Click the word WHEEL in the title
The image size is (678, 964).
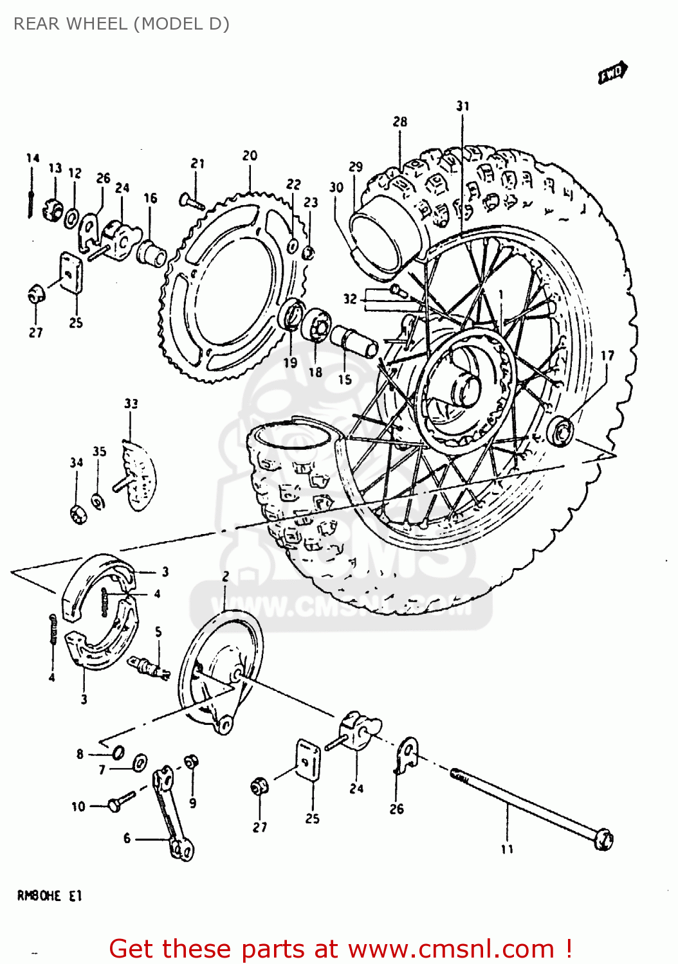pos(98,24)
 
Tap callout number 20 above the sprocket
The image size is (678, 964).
pos(250,156)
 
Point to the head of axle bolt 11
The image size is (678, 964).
pos(603,839)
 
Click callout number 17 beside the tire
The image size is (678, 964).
pos(607,355)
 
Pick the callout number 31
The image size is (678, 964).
pos(463,106)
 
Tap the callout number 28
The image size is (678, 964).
pos(399,121)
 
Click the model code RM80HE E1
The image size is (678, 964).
pos(49,896)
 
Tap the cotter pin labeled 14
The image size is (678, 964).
pos(30,193)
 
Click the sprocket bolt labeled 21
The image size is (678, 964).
pos(191,202)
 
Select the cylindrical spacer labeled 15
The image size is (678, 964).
pos(353,341)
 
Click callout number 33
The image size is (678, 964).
pos(131,404)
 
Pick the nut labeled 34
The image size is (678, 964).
pos(78,513)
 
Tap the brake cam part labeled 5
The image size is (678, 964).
pos(149,668)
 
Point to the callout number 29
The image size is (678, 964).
pos(355,167)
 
